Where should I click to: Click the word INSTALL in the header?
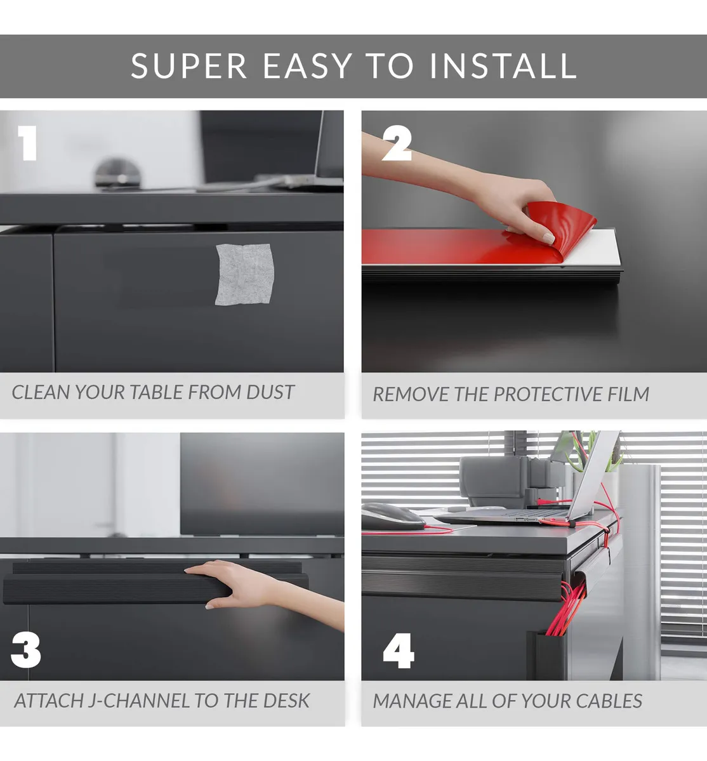[503, 66]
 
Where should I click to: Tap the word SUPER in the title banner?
[188, 66]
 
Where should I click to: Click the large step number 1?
[28, 143]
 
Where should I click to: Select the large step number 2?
[397, 143]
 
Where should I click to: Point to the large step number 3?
[26, 651]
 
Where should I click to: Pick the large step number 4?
[399, 651]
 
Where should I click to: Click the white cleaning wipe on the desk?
[244, 274]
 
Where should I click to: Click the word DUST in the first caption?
[270, 392]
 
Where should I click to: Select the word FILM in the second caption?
[628, 394]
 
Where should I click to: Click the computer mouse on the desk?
[392, 517]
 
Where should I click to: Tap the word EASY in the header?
[308, 66]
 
